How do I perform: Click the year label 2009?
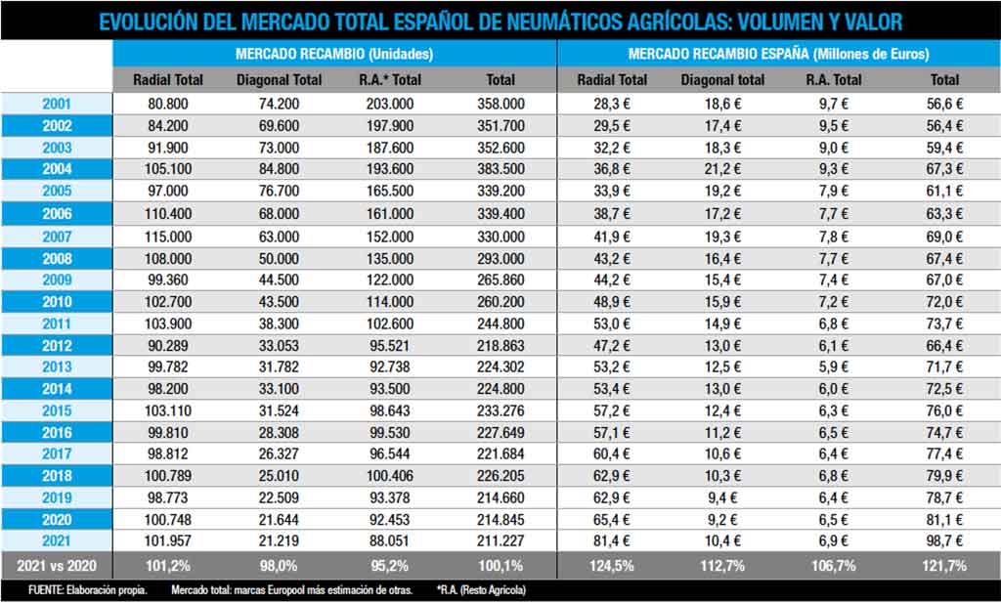point(57,280)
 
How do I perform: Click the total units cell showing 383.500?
point(501,169)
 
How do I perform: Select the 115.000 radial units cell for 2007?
point(168,237)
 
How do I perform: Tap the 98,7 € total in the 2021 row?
point(945,540)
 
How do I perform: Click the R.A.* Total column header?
point(389,80)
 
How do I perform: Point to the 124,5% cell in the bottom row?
point(612,566)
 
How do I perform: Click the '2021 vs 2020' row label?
point(57,566)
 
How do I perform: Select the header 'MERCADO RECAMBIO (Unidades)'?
point(334,54)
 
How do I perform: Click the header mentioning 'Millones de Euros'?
point(779,54)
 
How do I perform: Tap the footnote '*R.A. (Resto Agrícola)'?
point(481,590)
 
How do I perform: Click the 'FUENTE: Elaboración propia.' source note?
point(88,590)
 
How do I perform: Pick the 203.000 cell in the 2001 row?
point(389,104)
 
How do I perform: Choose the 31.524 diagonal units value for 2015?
point(279,410)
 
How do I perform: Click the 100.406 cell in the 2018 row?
point(389,476)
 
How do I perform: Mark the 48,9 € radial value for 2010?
point(612,302)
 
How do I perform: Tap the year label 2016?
point(57,432)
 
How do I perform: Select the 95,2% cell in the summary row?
point(389,566)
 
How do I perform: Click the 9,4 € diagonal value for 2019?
point(722,497)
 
